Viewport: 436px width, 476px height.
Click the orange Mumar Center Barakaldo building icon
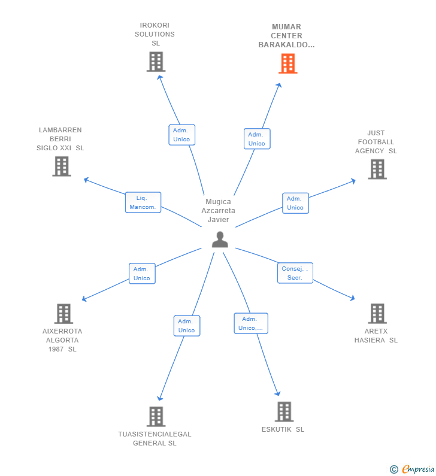click(288, 63)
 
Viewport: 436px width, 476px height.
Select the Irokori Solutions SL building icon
click(156, 62)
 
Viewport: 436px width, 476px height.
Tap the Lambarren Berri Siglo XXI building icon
click(62, 166)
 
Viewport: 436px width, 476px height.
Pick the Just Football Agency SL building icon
click(377, 169)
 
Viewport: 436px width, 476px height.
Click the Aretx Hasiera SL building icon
click(377, 313)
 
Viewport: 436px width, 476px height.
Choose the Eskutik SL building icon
click(284, 412)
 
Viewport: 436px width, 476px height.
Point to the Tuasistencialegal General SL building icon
click(156, 417)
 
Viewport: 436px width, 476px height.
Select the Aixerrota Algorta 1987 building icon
click(63, 313)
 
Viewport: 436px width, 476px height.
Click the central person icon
click(220, 239)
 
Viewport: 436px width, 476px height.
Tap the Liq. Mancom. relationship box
click(143, 202)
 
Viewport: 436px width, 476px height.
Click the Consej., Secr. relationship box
click(295, 273)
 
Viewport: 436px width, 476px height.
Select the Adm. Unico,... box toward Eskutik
click(250, 323)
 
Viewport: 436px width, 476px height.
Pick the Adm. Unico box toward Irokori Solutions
click(181, 135)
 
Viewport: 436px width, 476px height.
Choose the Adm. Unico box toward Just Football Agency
click(295, 203)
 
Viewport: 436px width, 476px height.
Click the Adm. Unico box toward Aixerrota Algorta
click(142, 274)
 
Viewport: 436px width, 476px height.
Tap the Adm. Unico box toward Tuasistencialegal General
click(186, 326)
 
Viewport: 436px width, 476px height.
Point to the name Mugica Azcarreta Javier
click(218, 211)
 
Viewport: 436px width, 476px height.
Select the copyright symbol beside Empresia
click(393, 469)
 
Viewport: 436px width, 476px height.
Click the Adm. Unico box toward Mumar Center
click(256, 139)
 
